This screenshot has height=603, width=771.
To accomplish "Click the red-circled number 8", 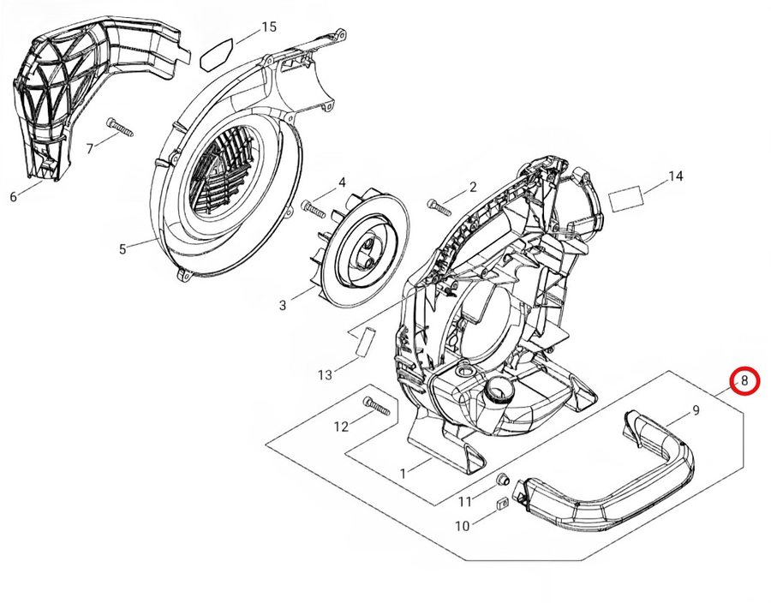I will [744, 381].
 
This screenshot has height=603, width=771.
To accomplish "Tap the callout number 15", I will [269, 27].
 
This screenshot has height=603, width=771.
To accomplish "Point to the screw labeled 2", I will [439, 206].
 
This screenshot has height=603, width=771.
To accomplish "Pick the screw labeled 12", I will [377, 405].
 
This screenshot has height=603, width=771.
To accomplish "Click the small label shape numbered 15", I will [214, 54].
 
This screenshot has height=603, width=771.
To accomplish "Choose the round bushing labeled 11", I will [504, 477].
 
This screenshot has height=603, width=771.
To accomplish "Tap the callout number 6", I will [13, 197].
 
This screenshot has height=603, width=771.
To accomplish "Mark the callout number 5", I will [123, 249].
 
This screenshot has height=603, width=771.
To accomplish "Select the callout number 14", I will [676, 176].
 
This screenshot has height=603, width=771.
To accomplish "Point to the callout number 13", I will [325, 374].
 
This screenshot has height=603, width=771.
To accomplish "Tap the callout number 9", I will [696, 410].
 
